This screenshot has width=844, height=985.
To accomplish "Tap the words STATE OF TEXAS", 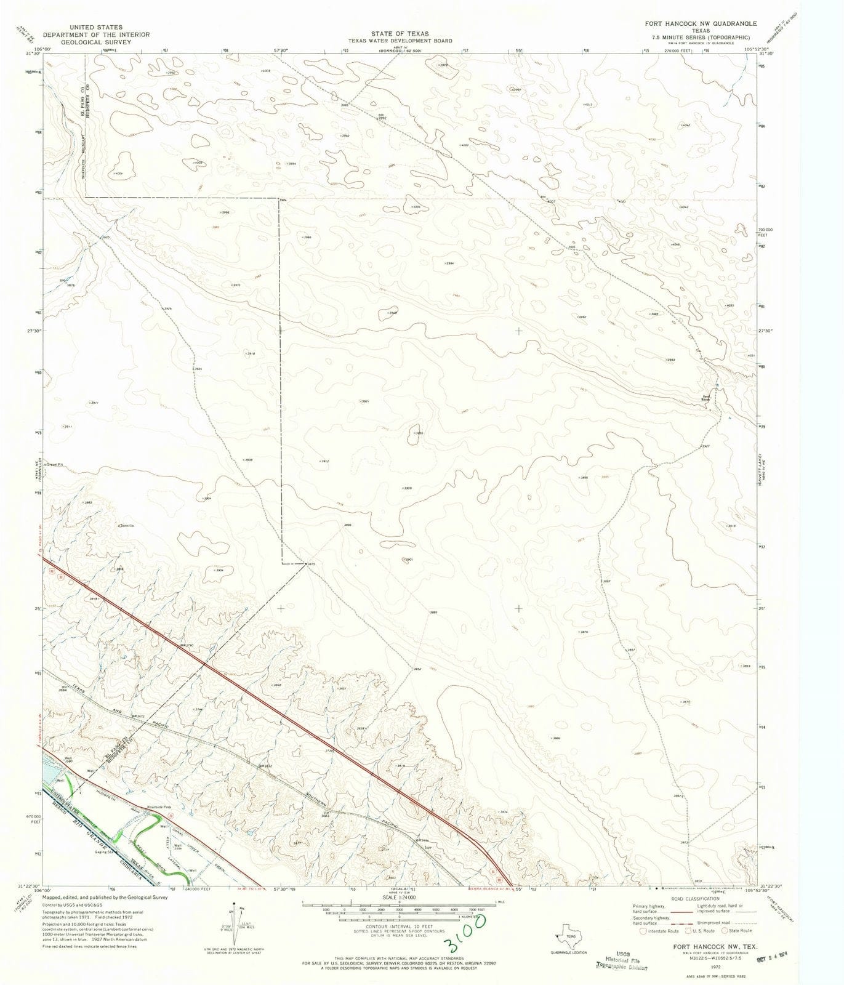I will [x=400, y=33].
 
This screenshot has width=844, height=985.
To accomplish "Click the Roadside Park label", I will [x=159, y=807].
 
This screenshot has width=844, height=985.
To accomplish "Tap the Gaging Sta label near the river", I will [x=105, y=853].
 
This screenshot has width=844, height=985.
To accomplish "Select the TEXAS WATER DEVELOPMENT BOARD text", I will [x=400, y=41].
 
